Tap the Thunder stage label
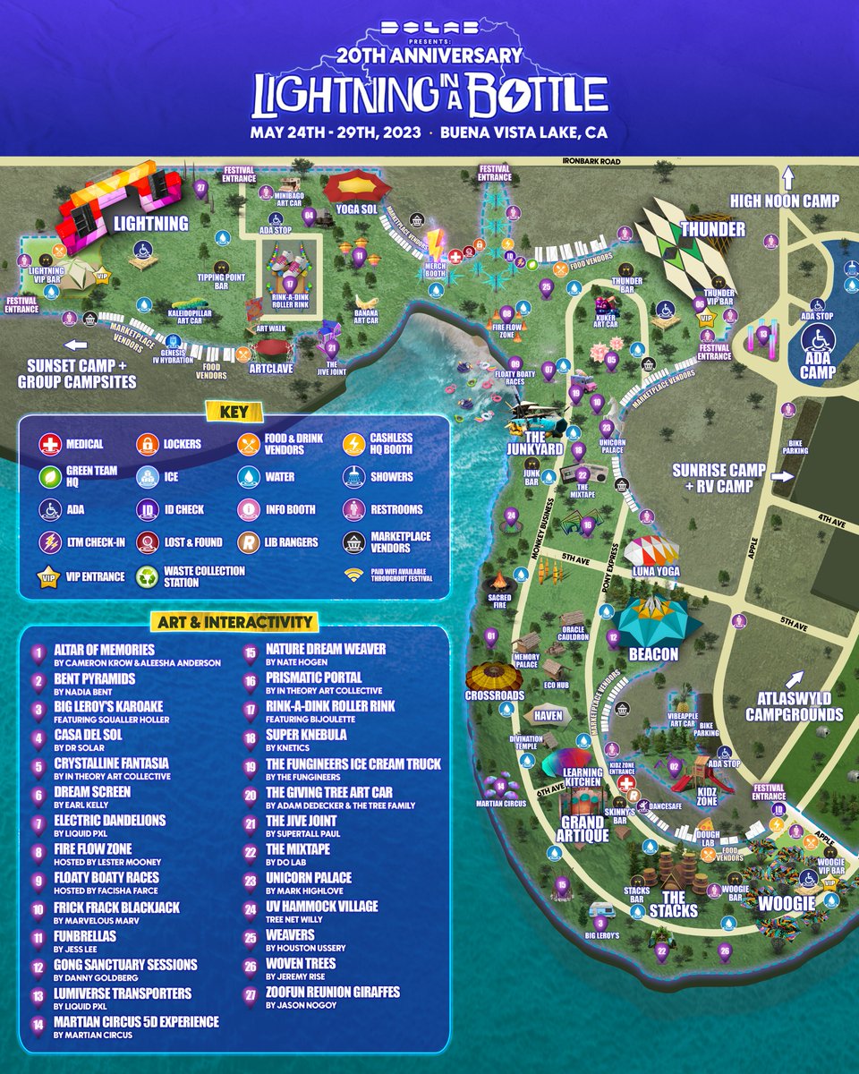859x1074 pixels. pyautogui.click(x=713, y=229)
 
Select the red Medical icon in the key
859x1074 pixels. pyautogui.click(x=49, y=444)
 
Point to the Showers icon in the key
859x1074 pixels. pyautogui.click(x=354, y=477)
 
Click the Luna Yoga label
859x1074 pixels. pyautogui.click(x=656, y=571)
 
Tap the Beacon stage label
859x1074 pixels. pyautogui.click(x=653, y=654)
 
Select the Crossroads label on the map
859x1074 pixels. pyautogui.click(x=494, y=695)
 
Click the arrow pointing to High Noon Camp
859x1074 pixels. pyautogui.click(x=788, y=175)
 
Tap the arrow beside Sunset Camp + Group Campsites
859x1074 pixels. pyautogui.click(x=74, y=345)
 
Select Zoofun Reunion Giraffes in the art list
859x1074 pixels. pyautogui.click(x=332, y=992)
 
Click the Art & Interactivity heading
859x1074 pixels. pyautogui.click(x=233, y=622)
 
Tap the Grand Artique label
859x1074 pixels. pyautogui.click(x=583, y=828)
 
